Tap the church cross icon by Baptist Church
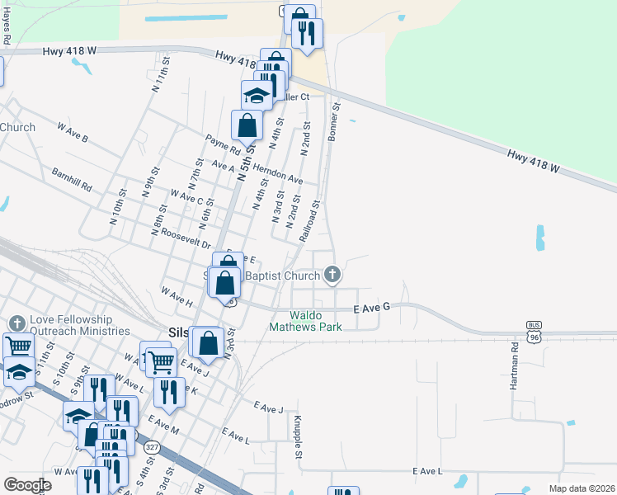tap(332, 274)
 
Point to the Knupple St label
tap(298, 436)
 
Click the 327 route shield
tap(152, 446)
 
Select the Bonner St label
tap(334, 121)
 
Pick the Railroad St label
tap(309, 219)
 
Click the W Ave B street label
tap(73, 132)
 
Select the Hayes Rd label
tap(7, 28)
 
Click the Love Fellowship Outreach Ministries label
tap(79, 324)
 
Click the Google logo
tap(29, 484)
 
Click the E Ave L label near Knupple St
tap(428, 470)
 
